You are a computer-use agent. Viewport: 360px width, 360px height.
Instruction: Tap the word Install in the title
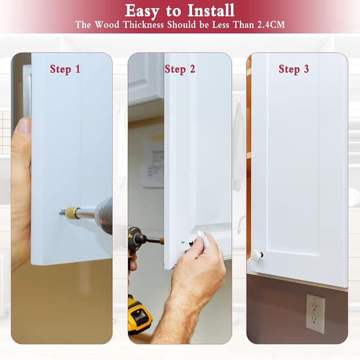211,11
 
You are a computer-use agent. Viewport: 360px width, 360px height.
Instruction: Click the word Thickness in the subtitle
143,25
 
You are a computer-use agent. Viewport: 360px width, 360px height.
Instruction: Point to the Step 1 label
65,69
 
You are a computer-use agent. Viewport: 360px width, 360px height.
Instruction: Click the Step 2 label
180,69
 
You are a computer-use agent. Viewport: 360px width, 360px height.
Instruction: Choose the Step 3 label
293,69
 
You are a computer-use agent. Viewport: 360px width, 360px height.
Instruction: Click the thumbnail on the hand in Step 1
24,125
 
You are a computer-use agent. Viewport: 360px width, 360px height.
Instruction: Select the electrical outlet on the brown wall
315,313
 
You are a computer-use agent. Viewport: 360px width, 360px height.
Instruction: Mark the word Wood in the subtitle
107,25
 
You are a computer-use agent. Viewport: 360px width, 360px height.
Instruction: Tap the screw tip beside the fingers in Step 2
182,242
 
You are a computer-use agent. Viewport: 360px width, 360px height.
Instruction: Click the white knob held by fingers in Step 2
203,239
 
